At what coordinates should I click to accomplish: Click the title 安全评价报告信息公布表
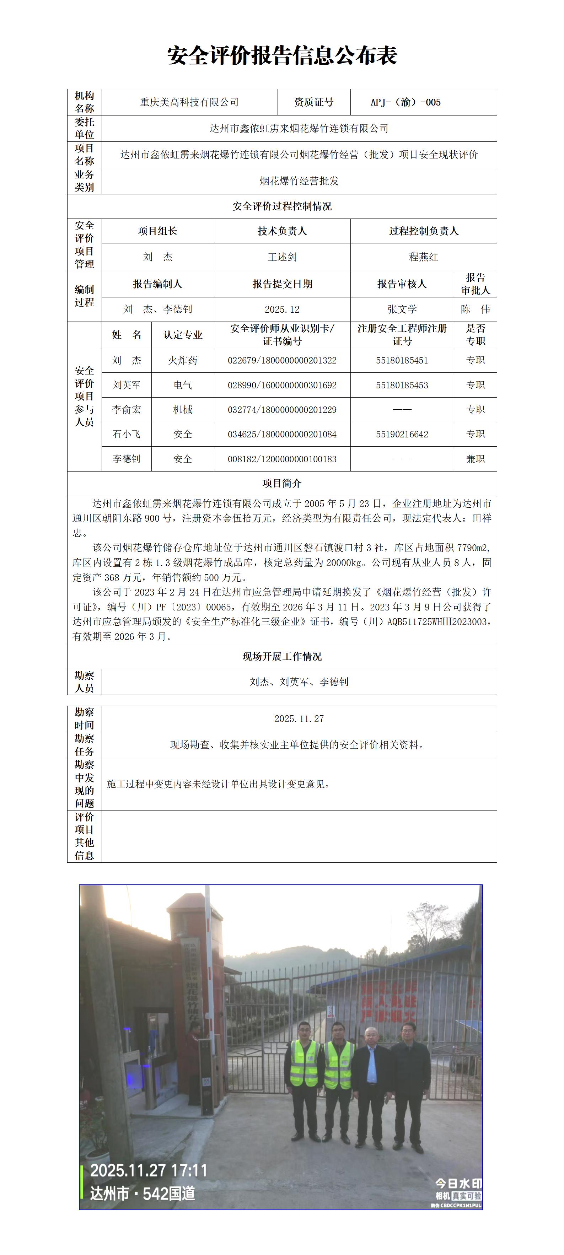pyautogui.click(x=282, y=55)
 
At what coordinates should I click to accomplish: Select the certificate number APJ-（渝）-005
pyautogui.click(x=405, y=102)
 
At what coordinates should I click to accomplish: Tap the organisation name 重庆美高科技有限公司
pyautogui.click(x=189, y=102)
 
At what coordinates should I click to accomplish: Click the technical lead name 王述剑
pyautogui.click(x=282, y=257)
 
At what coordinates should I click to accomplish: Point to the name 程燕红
pyautogui.click(x=423, y=257)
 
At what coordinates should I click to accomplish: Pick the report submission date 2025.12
pyautogui.click(x=282, y=309)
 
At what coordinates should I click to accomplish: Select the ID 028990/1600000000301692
pyautogui.click(x=282, y=385)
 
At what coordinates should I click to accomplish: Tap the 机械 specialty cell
pyautogui.click(x=182, y=410)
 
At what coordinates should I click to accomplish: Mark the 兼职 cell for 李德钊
pyautogui.click(x=475, y=459)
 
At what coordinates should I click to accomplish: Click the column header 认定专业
pyautogui.click(x=182, y=335)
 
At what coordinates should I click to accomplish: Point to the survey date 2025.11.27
pyautogui.click(x=299, y=718)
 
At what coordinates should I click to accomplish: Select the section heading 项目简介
pyautogui.click(x=282, y=483)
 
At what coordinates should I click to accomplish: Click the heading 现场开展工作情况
pyautogui.click(x=282, y=656)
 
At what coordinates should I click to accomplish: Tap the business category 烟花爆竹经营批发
pyautogui.click(x=299, y=181)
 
